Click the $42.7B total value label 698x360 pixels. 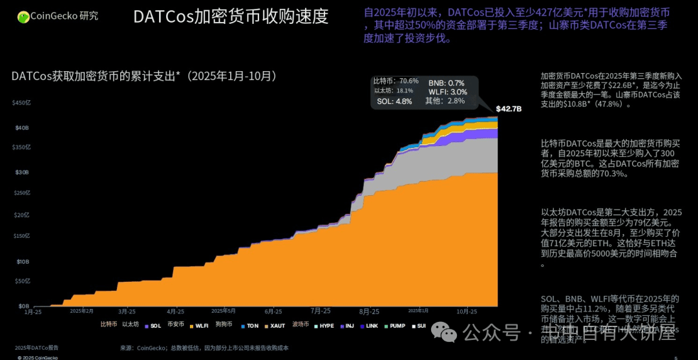pos(509,109)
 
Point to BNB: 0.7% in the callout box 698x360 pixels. pos(446,83)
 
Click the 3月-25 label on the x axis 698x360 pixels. pos(127,312)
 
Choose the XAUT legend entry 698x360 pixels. pos(275,326)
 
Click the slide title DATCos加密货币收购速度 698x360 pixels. pos(230,16)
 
